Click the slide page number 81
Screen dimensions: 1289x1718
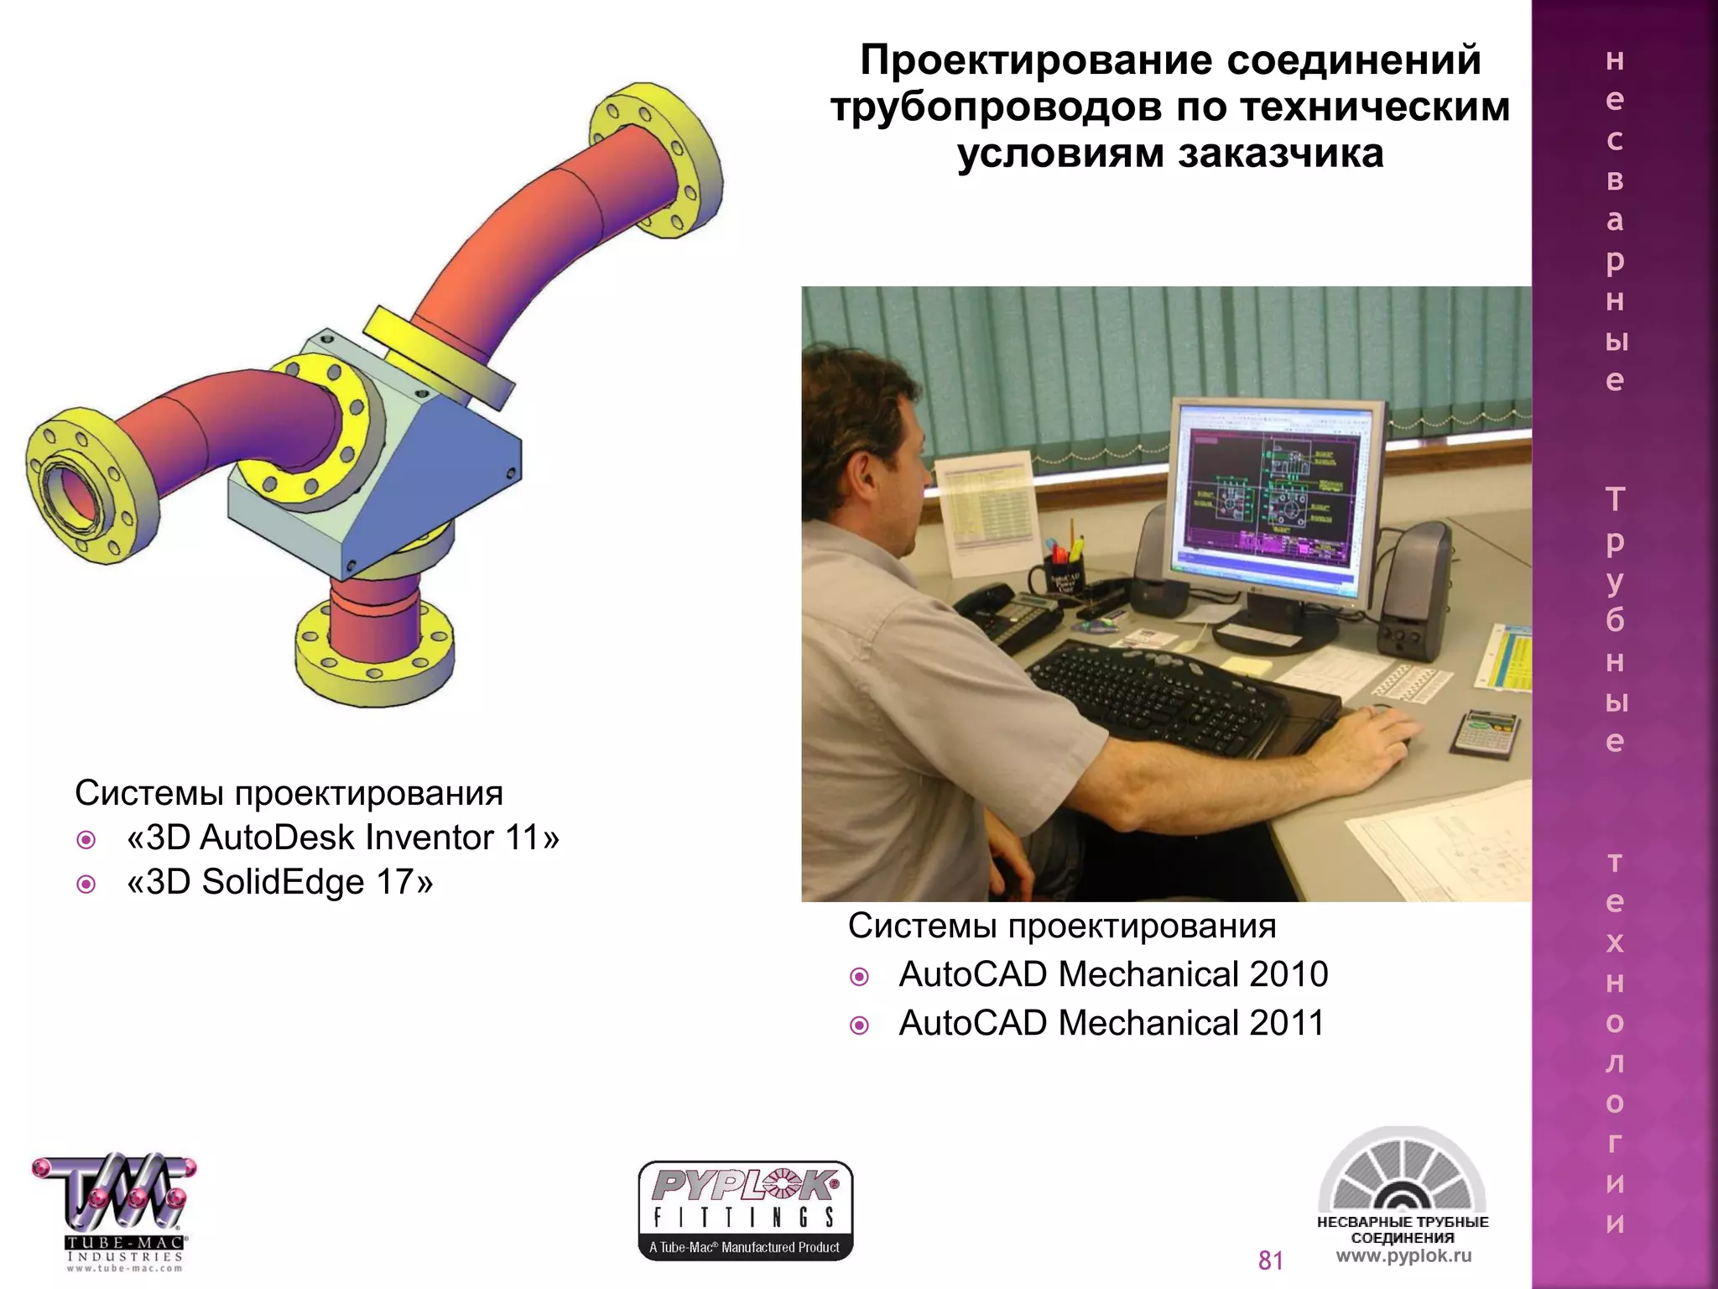point(1271,1260)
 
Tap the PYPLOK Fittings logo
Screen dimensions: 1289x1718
point(745,1210)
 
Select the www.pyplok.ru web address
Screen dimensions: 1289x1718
point(1403,1256)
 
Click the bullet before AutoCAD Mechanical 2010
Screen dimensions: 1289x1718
point(859,977)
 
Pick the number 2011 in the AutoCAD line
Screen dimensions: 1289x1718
point(1287,1023)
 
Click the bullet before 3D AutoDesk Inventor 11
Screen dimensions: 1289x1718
point(86,839)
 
